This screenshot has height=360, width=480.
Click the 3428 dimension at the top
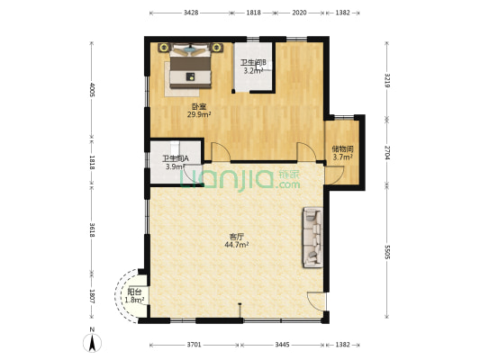pos(191,13)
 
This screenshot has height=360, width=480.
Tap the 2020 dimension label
pos(299,13)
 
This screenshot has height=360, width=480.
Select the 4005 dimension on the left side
pos(92,90)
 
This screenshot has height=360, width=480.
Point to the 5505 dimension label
pos(387,252)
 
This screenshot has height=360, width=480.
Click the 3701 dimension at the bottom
pos(195,345)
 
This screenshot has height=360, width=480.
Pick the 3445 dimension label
pos(282,345)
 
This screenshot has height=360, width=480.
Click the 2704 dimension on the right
pos(387,153)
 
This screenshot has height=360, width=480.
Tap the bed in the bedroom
pos(190,66)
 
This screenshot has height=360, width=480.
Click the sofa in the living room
pos(312,238)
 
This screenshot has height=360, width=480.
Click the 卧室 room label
pos(199,107)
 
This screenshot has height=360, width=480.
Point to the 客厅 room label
pos(236,237)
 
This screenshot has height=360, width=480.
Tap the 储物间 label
pos(343,149)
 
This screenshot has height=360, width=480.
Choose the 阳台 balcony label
pos(134,292)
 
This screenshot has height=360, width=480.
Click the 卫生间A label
pos(176,158)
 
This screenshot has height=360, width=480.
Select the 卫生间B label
pos(253,63)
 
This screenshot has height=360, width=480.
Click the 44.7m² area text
pos(236,245)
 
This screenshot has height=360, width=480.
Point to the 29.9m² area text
pos(199,114)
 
